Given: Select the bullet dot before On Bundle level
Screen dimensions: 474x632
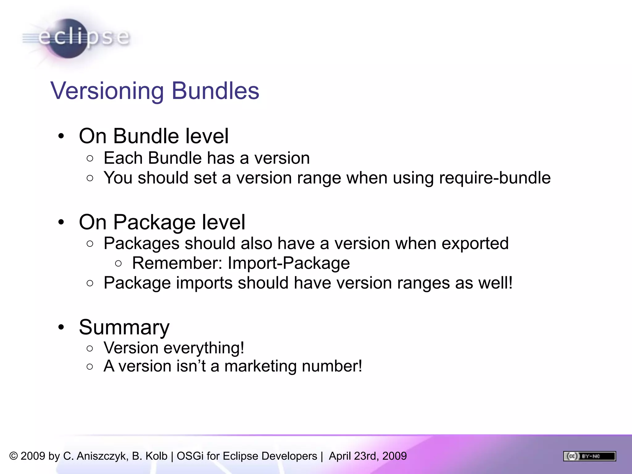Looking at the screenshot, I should [61, 136].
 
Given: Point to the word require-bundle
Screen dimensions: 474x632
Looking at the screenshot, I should [495, 178].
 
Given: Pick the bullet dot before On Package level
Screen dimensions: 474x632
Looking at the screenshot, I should [61, 222].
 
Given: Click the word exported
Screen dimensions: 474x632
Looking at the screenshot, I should [475, 243].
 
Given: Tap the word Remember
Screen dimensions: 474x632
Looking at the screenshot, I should [177, 263].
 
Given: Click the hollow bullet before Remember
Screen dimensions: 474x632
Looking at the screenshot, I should [118, 264].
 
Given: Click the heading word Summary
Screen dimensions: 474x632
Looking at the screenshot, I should [124, 327].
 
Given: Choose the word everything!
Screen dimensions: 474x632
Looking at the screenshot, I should [204, 348].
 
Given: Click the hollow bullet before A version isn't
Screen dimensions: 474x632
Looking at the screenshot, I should [90, 367].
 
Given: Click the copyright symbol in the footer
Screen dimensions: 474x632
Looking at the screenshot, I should [14, 456].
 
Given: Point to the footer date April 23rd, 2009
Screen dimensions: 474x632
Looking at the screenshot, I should [368, 456].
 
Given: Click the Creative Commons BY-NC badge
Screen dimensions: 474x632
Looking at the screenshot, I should [589, 456].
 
